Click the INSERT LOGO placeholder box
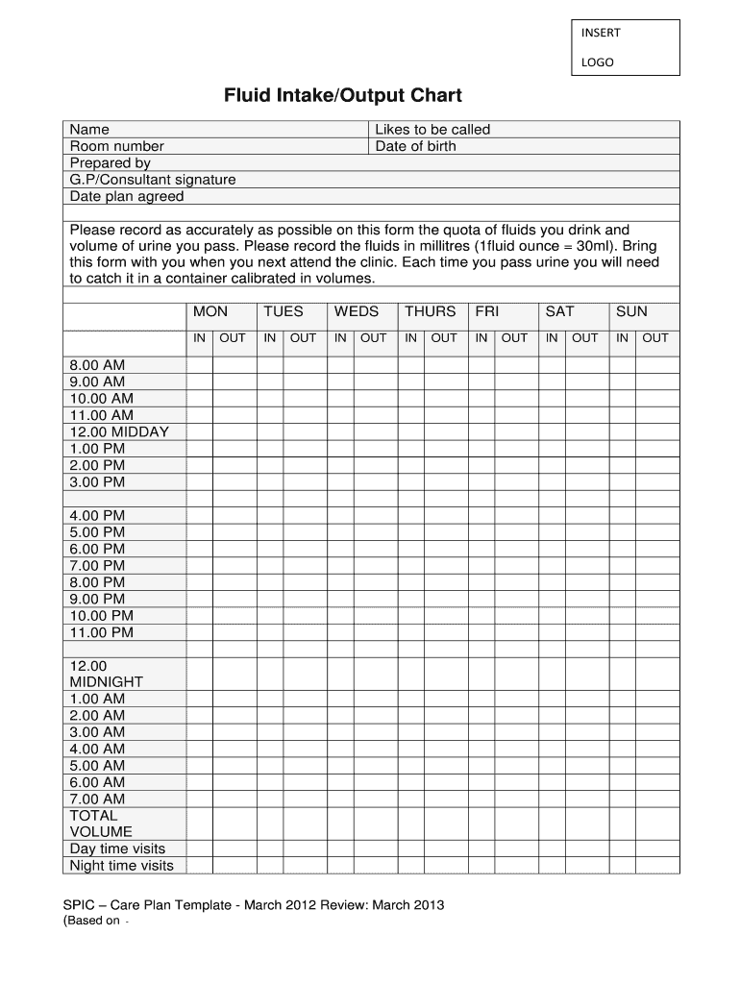click(x=625, y=47)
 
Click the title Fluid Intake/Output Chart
click(x=343, y=96)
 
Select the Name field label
click(x=89, y=129)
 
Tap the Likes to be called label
click(x=432, y=129)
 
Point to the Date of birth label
click(x=415, y=146)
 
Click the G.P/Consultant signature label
click(x=152, y=180)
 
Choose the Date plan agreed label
click(x=126, y=196)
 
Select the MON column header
click(x=210, y=311)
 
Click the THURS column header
click(x=430, y=311)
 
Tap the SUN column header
click(x=631, y=311)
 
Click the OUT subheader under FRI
click(x=514, y=337)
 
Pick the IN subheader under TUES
click(x=270, y=337)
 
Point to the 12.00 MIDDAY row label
click(x=118, y=431)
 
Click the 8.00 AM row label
click(x=97, y=365)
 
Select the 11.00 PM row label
click(x=101, y=632)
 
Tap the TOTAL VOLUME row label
click(x=101, y=824)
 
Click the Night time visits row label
click(x=121, y=865)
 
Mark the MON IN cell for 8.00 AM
click(x=199, y=365)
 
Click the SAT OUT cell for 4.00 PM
click(x=584, y=515)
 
